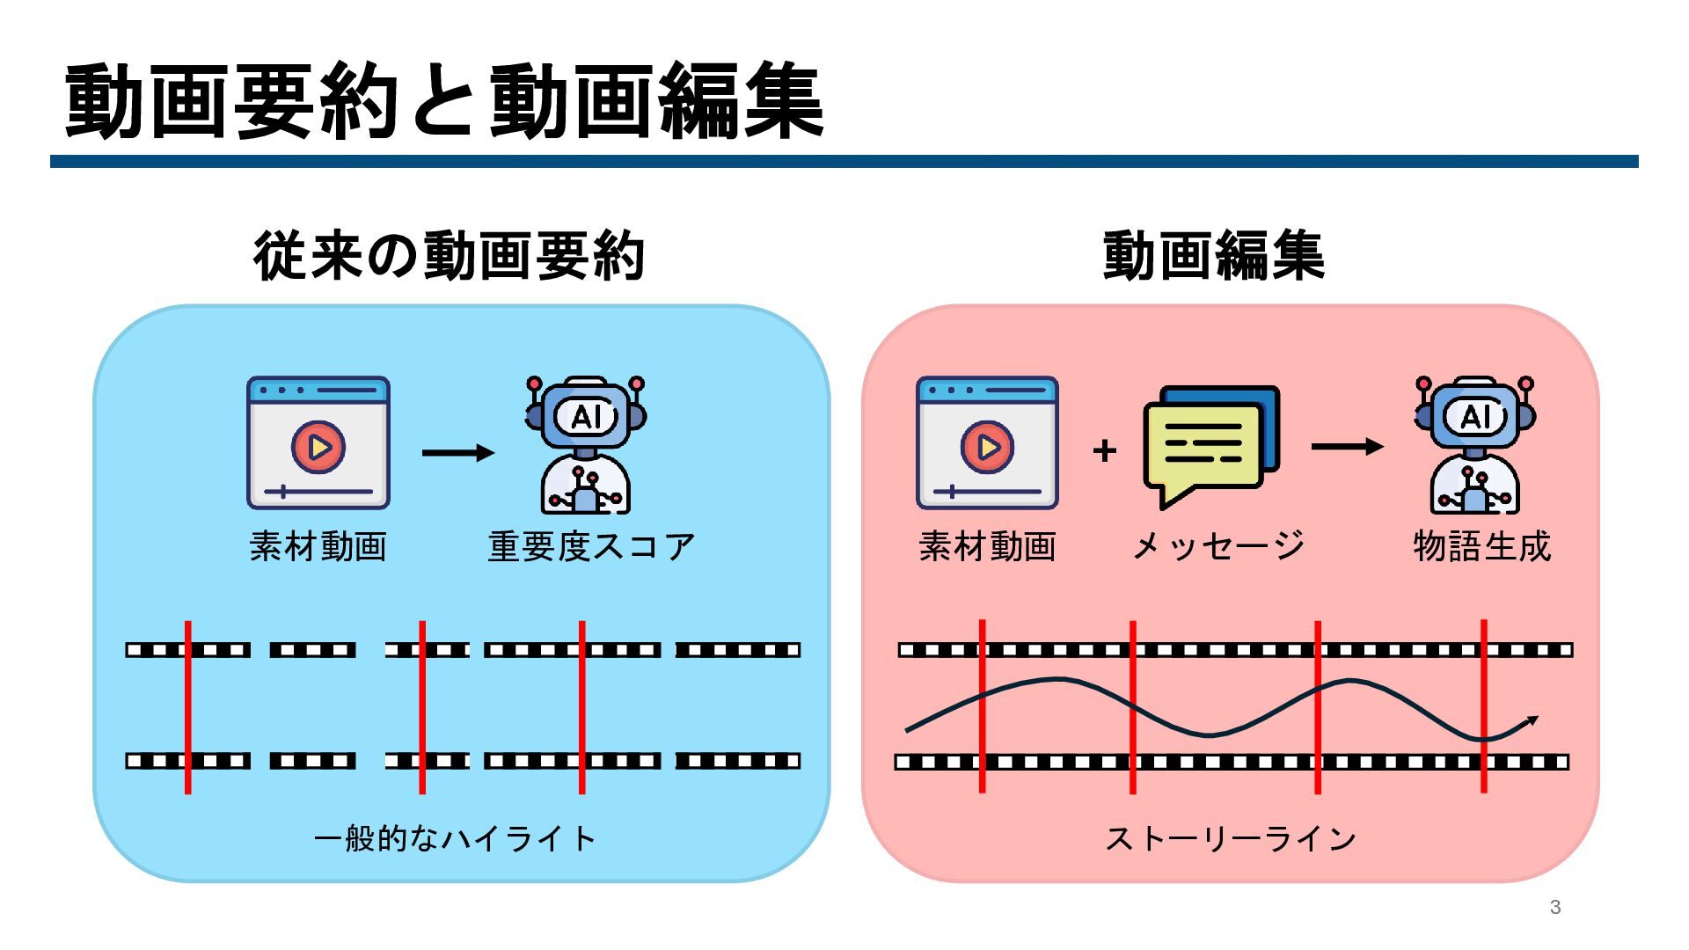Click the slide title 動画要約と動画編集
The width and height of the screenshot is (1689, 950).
coord(444,101)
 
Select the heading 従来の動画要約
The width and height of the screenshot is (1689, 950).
coord(450,256)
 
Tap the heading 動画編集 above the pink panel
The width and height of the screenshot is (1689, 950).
coord(1213,256)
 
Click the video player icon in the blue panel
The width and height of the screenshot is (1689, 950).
coord(318,443)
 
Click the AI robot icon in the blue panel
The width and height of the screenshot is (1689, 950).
coord(585,445)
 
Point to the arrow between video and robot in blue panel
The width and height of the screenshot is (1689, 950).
coord(458,453)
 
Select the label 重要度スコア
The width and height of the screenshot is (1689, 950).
coord(592,547)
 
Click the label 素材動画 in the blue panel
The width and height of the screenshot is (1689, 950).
coord(318,547)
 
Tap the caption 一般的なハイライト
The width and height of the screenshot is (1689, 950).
coord(456,838)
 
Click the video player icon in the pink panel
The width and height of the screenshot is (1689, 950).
coord(987,443)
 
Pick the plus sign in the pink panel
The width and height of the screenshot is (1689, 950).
coord(1104,451)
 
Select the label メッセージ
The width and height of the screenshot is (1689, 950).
coord(1219,547)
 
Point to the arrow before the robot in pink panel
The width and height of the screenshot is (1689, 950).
coord(1348,447)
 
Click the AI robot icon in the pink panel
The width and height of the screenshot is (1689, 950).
coord(1475,445)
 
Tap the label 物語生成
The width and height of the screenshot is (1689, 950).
coord(1482,547)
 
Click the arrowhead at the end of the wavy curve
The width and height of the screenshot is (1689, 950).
coord(1532,721)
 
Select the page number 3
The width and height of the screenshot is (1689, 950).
coord(1555,907)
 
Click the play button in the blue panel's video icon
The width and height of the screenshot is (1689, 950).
coord(318,448)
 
